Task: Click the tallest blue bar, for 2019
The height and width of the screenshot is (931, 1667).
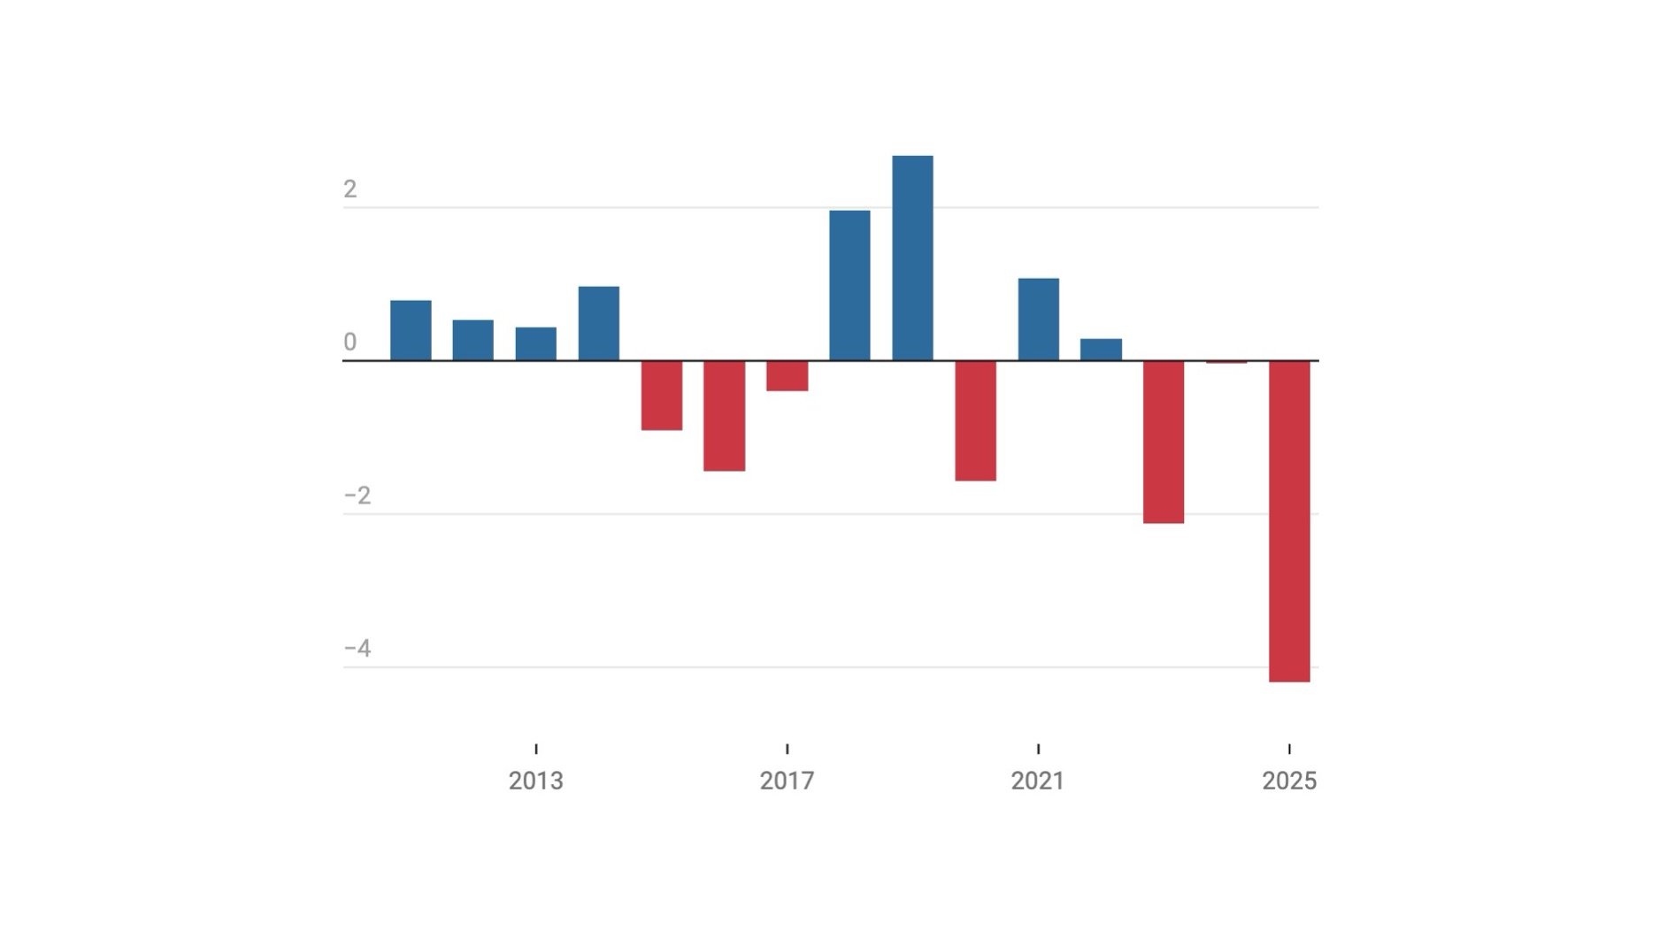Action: [x=912, y=258]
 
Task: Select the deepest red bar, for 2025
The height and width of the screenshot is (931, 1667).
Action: [x=1289, y=521]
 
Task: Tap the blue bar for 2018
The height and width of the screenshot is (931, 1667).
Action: [x=849, y=286]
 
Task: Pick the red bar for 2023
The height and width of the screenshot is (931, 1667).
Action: [x=1164, y=442]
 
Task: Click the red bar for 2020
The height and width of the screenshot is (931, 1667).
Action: [x=975, y=420]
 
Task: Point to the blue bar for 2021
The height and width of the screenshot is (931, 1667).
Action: [x=1038, y=319]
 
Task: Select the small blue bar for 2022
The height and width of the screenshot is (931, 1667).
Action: [x=1101, y=350]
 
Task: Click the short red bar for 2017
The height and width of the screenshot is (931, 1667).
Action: [x=787, y=375]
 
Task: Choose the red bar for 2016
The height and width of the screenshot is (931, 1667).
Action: [x=724, y=416]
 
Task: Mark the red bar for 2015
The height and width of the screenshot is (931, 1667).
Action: [x=662, y=396]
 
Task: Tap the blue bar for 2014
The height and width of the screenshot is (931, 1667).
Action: [x=599, y=324]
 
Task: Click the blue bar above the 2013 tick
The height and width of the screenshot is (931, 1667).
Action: [x=536, y=344]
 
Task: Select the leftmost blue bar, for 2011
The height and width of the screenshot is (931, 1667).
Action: [x=411, y=331]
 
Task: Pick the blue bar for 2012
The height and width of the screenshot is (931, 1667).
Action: [x=473, y=341]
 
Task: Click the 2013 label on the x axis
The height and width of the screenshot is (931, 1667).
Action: [x=536, y=781]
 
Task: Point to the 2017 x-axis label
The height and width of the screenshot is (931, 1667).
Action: [x=787, y=781]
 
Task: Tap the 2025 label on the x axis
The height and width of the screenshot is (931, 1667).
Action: [x=1289, y=781]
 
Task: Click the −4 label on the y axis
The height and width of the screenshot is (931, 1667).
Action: [x=357, y=649]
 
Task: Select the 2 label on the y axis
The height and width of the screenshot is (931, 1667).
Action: [x=350, y=189]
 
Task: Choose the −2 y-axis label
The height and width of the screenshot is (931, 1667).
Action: [x=357, y=496]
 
